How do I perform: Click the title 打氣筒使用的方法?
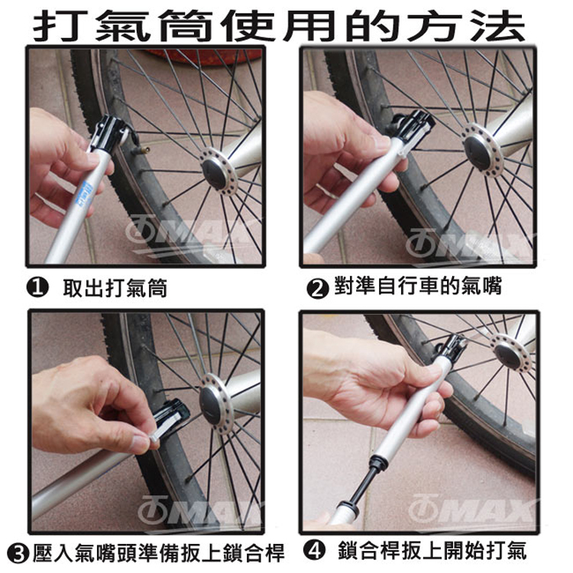click(x=279, y=25)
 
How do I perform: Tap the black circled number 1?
click(x=37, y=288)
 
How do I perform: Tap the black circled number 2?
click(x=317, y=288)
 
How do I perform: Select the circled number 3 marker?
click(x=18, y=553)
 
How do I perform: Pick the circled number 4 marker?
click(x=314, y=551)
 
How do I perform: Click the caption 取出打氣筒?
click(x=115, y=288)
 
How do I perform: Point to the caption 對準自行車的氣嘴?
click(x=418, y=286)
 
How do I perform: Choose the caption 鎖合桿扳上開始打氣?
click(x=432, y=551)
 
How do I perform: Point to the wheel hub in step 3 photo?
click(x=215, y=403)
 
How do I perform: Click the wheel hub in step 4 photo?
click(x=509, y=352)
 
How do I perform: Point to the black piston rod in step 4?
click(x=362, y=484)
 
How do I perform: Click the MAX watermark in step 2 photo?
click(x=468, y=243)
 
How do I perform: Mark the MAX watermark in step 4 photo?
click(x=471, y=509)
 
